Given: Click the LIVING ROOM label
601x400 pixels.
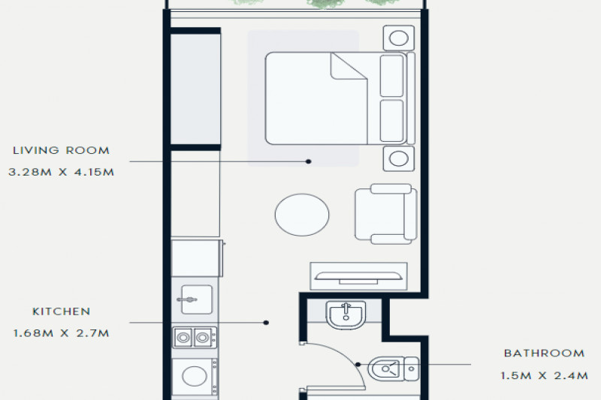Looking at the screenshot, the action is (x=62, y=150).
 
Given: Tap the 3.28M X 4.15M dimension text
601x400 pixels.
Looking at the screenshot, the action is (x=62, y=173).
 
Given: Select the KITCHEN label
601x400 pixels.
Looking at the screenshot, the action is (x=62, y=311).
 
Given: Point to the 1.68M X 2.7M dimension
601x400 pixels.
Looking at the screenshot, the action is (x=62, y=333).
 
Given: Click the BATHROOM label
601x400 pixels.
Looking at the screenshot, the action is (x=544, y=353).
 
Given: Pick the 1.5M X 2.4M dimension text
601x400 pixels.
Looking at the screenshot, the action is (x=544, y=376).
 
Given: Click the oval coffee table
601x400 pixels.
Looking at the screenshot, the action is (x=302, y=215).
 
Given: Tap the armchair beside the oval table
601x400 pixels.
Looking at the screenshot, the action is (x=386, y=214).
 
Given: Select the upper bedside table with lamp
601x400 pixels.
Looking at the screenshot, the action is (x=399, y=38).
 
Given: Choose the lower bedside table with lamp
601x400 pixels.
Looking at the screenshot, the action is (x=399, y=158).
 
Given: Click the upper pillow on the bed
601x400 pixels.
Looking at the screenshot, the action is (x=391, y=76).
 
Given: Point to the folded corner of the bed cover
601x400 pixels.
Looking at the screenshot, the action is (x=347, y=68).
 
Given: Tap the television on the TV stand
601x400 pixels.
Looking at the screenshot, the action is (x=358, y=277).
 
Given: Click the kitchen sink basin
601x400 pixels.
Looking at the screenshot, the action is (x=197, y=299).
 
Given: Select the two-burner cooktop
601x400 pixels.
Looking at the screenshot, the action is (x=195, y=338).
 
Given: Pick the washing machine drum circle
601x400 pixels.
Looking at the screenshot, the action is (x=195, y=376).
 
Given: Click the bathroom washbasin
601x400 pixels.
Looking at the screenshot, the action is (x=346, y=314).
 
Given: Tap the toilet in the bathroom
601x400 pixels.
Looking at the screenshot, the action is (x=394, y=368).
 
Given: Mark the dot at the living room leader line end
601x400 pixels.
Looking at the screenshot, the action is (x=309, y=161).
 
